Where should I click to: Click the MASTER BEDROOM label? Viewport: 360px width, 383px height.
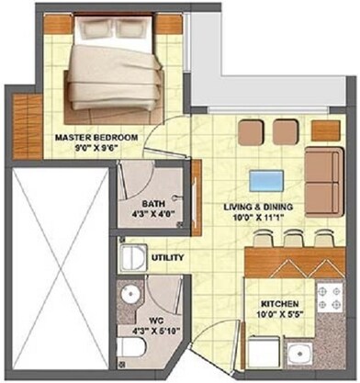coord(96,139)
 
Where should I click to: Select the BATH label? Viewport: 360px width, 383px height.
coord(153,206)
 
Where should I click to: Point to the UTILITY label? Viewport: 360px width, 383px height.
coord(169,258)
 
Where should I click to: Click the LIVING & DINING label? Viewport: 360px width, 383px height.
coord(258,208)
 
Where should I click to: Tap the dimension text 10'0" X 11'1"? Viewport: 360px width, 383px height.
coord(258,219)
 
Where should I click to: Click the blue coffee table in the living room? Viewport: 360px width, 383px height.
coord(264,179)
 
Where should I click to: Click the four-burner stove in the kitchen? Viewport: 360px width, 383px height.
coord(326,298)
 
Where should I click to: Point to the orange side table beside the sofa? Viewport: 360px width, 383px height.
coord(324,130)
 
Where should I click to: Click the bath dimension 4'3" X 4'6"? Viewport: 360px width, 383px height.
coord(152,217)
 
